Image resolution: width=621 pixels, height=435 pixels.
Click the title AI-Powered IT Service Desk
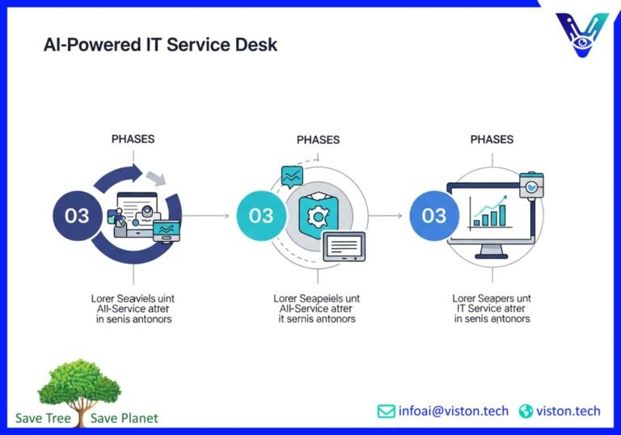point(160,44)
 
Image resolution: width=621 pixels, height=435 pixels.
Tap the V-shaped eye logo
point(582,35)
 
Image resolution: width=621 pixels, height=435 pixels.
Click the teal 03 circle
point(261,216)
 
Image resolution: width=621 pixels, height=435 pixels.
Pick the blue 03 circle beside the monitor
point(434,216)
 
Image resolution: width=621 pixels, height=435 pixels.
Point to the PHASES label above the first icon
point(133,139)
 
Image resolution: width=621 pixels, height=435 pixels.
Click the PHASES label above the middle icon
point(319,139)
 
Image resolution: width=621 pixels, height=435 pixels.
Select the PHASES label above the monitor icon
point(492,139)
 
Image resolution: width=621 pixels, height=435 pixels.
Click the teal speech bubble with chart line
point(291,177)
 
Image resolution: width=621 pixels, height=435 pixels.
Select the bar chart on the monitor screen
point(490,212)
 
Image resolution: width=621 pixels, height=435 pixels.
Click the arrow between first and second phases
point(207,217)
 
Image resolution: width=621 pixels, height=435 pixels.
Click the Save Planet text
point(125,418)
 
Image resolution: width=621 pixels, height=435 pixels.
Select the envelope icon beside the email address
point(387,412)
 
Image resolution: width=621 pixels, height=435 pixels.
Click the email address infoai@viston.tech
point(454,412)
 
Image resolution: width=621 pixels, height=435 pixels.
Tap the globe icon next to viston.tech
point(526,412)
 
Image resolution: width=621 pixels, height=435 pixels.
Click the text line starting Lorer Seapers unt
point(492,298)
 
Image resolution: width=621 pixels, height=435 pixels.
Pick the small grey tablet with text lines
point(344,246)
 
